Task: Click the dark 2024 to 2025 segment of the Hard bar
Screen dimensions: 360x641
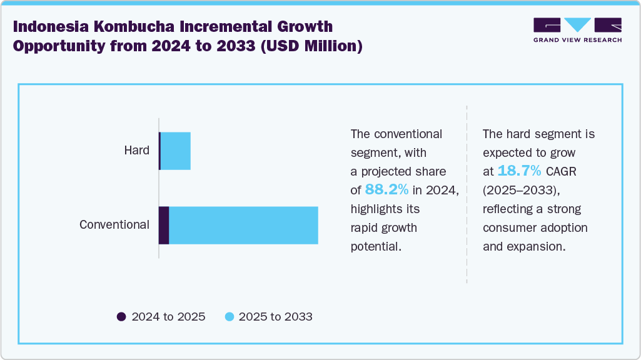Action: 159,151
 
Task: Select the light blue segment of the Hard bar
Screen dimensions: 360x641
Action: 176,151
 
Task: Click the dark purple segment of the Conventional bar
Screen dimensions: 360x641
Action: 164,225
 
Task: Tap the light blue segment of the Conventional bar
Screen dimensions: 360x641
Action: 243,225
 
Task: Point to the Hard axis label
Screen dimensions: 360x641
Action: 136,151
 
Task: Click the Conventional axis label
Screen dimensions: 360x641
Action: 114,225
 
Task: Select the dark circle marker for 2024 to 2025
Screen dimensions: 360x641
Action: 122,317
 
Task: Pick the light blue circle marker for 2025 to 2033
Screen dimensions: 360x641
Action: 229,317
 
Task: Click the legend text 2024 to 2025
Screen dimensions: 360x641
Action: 168,317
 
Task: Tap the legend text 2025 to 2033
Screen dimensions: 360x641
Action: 275,317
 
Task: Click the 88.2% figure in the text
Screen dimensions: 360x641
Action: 386,190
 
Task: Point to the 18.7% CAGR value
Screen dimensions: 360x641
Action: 519,171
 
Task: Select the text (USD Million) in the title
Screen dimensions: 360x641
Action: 311,47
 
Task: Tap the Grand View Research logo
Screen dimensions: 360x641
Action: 577,30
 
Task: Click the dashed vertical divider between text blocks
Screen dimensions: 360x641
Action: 467,194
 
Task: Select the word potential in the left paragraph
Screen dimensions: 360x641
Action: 375,246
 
